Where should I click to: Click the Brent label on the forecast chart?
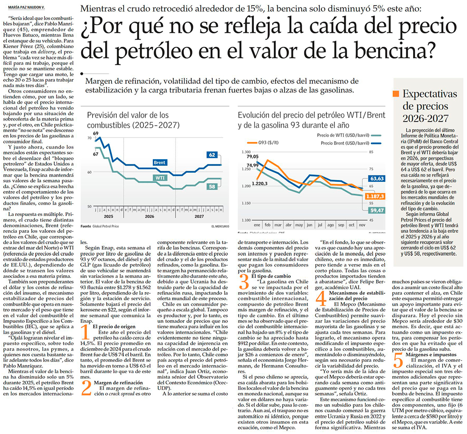tap(160, 163)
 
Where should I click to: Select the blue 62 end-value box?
tap(212, 155)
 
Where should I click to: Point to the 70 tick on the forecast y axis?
tap(90, 138)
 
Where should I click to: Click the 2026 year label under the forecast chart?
tap(149, 216)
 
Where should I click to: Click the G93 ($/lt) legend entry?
tap(262, 143)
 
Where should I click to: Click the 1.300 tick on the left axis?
tap(246, 152)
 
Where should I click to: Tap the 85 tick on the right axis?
tap(371, 152)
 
